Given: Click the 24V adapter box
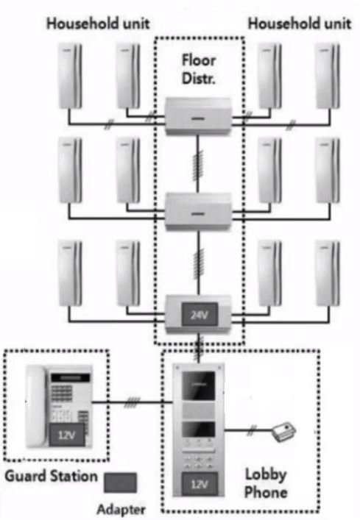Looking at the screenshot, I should [x=197, y=314].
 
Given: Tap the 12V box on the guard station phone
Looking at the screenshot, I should [x=63, y=435].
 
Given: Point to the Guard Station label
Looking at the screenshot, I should [x=51, y=476].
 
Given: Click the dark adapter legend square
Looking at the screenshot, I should [x=120, y=482].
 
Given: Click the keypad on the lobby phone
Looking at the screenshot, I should [x=198, y=458].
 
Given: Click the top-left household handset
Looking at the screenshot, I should [x=71, y=76].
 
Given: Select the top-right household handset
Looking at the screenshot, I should [x=327, y=76].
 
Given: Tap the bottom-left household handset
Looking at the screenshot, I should [x=71, y=272].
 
